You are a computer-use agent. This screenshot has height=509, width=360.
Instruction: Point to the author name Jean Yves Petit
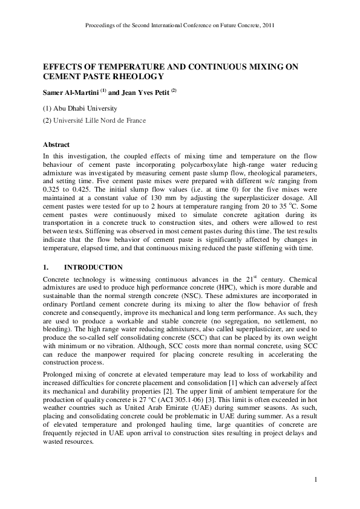click(143, 92)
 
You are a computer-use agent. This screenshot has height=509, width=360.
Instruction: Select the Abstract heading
click(56, 145)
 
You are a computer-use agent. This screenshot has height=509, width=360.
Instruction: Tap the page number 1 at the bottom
click(315, 479)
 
